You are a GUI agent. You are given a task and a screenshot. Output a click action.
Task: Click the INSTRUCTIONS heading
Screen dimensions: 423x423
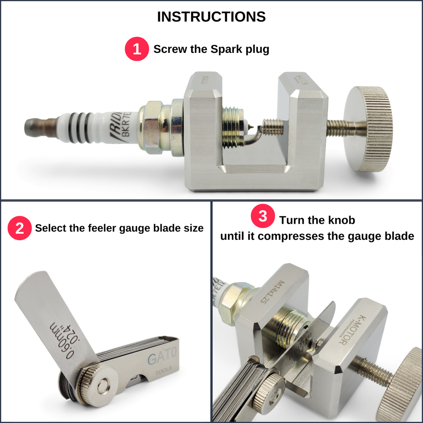(211, 16)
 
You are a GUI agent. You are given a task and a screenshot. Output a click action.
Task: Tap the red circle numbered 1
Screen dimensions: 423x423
(136, 49)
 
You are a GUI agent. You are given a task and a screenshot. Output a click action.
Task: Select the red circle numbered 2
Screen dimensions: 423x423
(19, 228)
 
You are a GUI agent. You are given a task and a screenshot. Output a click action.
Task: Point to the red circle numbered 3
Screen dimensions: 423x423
(263, 216)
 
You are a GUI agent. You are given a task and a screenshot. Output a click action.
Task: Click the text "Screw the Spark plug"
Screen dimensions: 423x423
(211, 49)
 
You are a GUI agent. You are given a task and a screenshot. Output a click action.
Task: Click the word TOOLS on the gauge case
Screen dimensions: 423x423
(163, 373)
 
